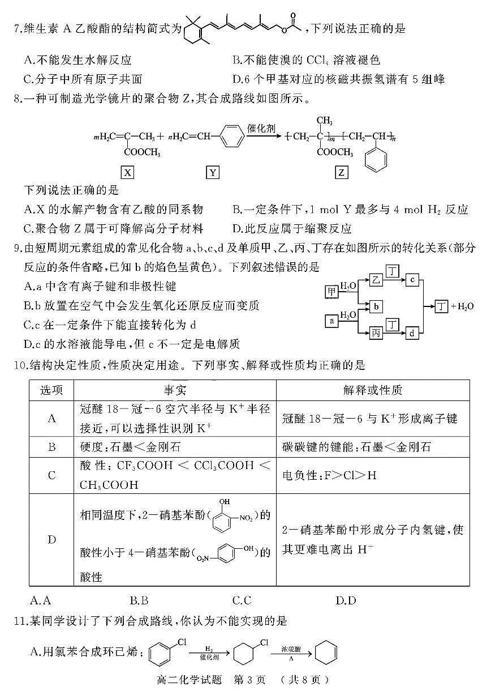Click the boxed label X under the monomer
tap(128, 172)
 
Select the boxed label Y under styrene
tap(213, 172)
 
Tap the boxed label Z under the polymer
tap(342, 172)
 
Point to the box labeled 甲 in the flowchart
tap(332, 292)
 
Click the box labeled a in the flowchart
tap(332, 321)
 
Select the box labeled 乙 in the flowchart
tap(377, 279)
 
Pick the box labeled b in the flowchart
tap(377, 306)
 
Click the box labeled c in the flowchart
tap(414, 279)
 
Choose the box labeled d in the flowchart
tap(414, 334)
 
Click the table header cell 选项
tap(51, 390)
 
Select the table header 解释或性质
tap(372, 390)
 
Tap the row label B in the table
tap(51, 447)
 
